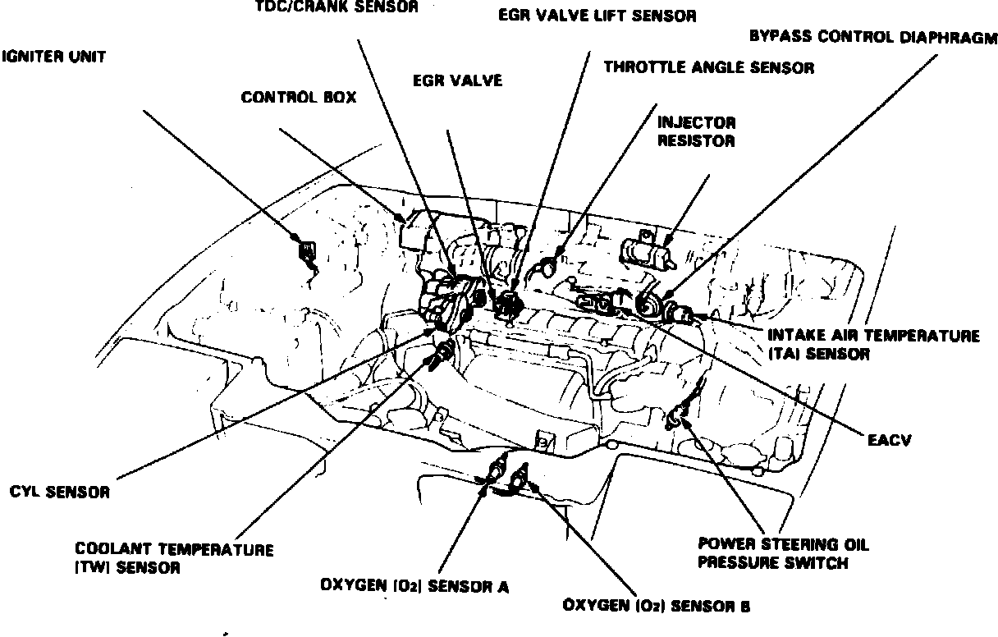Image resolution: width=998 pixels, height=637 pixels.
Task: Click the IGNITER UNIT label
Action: click(54, 58)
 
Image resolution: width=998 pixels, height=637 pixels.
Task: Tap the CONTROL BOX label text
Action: click(299, 98)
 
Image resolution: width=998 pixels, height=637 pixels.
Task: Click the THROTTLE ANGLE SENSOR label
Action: click(709, 67)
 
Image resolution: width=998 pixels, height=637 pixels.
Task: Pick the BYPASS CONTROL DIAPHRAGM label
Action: click(872, 37)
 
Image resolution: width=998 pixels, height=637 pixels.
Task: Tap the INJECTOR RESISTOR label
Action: click(697, 131)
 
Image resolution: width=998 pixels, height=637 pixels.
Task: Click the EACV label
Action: click(890, 441)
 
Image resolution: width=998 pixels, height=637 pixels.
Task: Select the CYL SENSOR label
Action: click(59, 493)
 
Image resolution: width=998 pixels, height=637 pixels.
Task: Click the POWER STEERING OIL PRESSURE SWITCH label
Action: click(783, 553)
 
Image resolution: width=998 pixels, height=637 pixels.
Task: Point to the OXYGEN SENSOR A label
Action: click(414, 586)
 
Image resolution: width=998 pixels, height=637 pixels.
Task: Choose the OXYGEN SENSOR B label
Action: click(656, 607)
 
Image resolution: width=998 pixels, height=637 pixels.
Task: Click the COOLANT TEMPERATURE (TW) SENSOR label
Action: click(174, 557)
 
